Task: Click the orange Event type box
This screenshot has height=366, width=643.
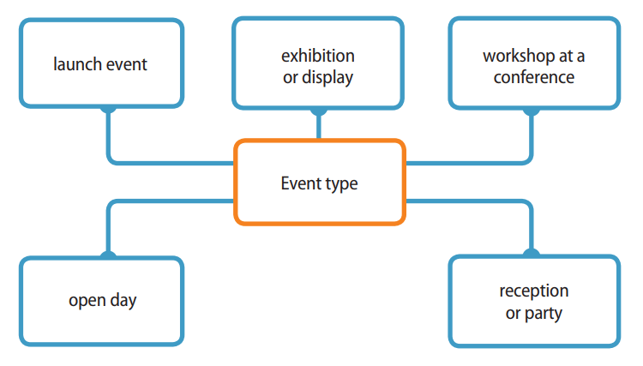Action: (x=318, y=183)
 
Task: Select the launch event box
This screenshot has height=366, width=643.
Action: (x=101, y=64)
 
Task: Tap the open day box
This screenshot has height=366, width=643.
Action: (x=101, y=301)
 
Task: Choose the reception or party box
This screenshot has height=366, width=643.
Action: (x=533, y=301)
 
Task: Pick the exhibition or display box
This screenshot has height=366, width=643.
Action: (x=318, y=64)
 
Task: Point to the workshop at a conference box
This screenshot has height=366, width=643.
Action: (x=533, y=64)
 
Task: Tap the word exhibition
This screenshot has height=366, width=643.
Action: (x=318, y=56)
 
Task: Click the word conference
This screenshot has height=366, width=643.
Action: (x=533, y=77)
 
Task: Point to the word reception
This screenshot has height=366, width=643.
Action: (x=533, y=291)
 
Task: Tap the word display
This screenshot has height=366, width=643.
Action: (x=329, y=77)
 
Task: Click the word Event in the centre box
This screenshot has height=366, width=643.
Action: (x=299, y=183)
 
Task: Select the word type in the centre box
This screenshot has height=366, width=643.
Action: (x=340, y=184)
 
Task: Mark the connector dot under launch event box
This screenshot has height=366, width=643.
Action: (x=108, y=109)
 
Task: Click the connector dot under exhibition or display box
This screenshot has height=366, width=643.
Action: (x=318, y=110)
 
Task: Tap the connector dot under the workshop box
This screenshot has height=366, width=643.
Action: (x=531, y=110)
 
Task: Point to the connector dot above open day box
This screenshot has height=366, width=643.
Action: (x=108, y=255)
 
